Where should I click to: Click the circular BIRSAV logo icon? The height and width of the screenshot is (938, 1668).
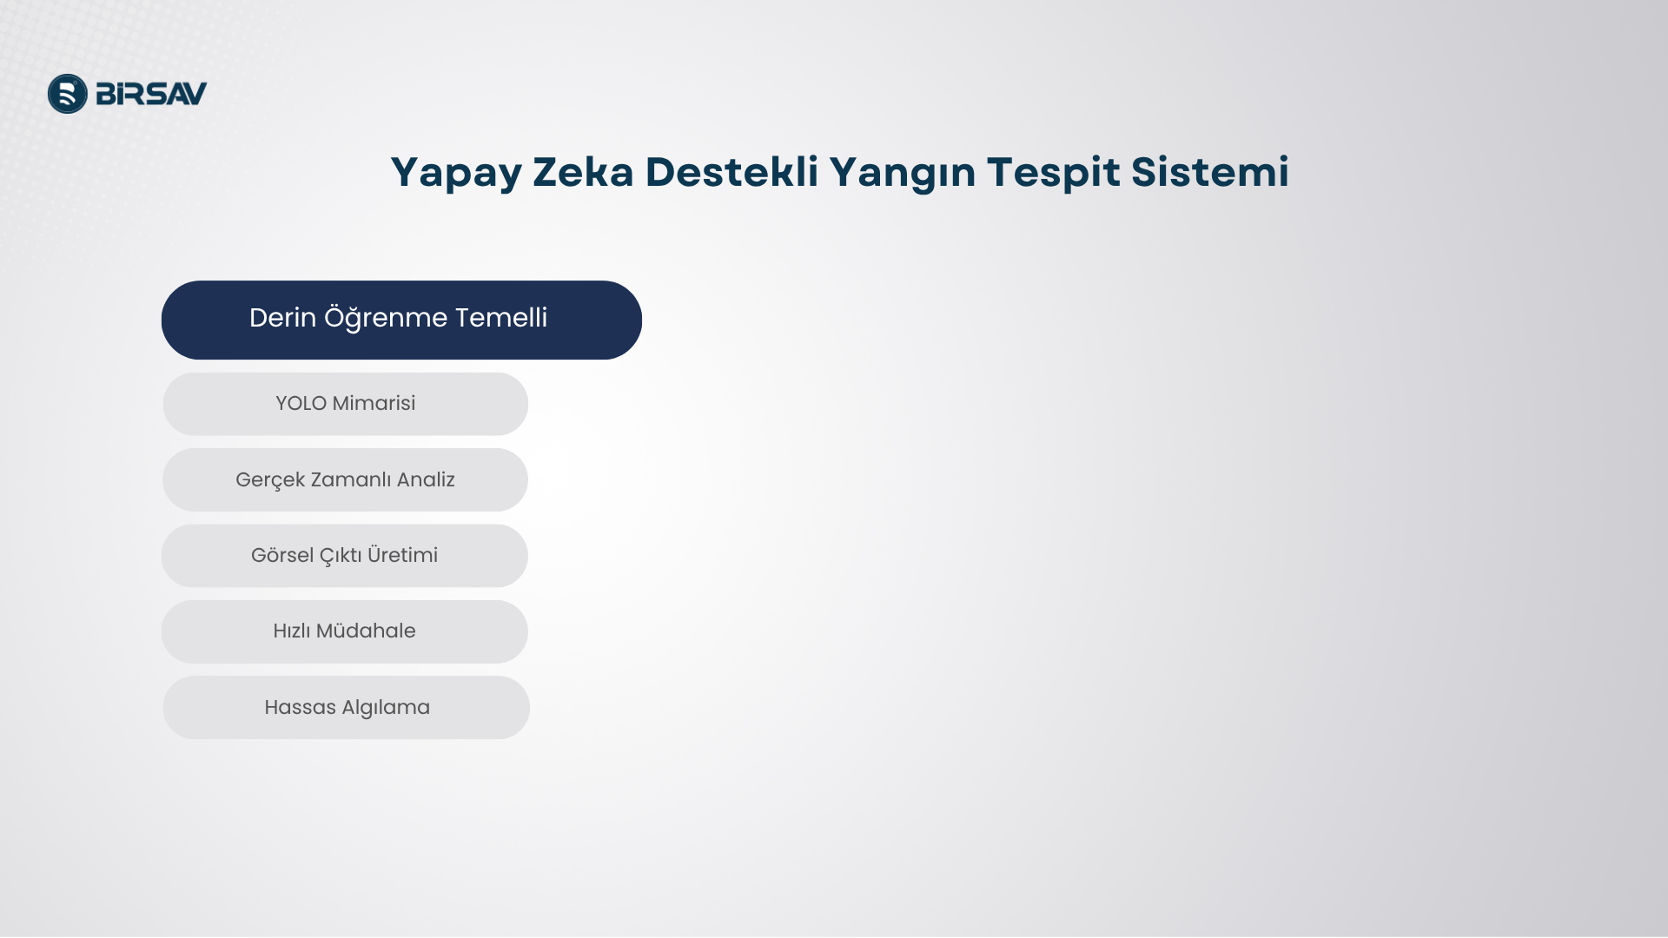click(x=68, y=94)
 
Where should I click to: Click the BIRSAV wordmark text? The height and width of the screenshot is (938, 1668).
click(x=151, y=94)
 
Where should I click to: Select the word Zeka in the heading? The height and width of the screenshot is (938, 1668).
click(x=583, y=171)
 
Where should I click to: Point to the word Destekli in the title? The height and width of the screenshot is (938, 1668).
click(x=731, y=171)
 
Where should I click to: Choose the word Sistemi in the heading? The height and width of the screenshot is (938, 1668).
click(x=1210, y=171)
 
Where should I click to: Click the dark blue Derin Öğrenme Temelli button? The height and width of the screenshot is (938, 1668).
click(x=401, y=320)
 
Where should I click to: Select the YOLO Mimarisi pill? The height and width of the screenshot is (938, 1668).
click(x=346, y=404)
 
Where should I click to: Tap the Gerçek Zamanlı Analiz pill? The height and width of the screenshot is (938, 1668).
click(x=345, y=479)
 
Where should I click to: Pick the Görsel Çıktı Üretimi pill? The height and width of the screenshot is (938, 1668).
click(x=345, y=556)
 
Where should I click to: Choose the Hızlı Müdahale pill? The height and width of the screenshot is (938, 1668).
click(x=345, y=631)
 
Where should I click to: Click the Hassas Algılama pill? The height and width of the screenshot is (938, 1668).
click(x=347, y=708)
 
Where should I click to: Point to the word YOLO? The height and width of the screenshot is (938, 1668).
click(x=301, y=404)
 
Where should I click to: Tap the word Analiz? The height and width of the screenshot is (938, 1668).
click(x=426, y=479)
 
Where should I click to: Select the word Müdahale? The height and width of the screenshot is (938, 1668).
click(x=366, y=631)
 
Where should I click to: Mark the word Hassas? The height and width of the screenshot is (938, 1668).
click(x=300, y=707)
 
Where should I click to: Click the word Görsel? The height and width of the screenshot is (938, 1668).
click(x=282, y=555)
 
